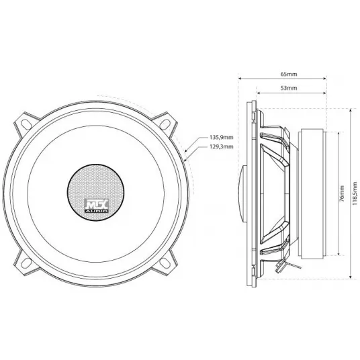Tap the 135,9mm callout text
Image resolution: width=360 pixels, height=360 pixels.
pos(222,138)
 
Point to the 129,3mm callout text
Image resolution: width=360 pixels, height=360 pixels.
pos(222,146)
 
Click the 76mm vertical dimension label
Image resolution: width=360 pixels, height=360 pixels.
pos(342,193)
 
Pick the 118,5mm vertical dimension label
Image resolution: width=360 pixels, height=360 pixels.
pos(355,193)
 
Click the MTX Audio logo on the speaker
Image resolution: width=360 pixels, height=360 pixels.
pos(97,206)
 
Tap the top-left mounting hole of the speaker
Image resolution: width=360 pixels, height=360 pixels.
pos(27,124)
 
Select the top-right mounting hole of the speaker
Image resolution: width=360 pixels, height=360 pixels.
pos(165,124)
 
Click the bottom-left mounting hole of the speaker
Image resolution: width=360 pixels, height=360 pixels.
pos(27,262)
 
